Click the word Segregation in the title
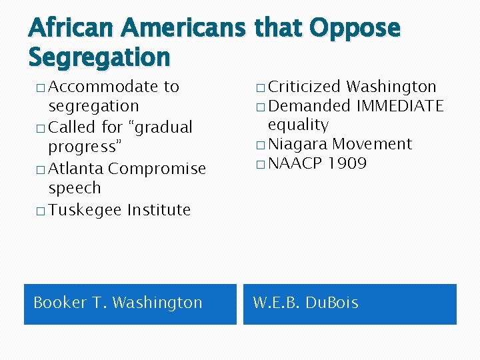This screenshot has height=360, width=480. pyautogui.click(x=99, y=57)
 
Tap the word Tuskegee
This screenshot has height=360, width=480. pyautogui.click(x=85, y=210)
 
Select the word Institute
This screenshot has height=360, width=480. pyautogui.click(x=159, y=210)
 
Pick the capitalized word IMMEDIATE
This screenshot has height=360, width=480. pyautogui.click(x=400, y=105)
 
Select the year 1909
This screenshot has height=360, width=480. pyautogui.click(x=347, y=163)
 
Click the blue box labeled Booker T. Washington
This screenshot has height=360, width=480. pyautogui.click(x=130, y=304)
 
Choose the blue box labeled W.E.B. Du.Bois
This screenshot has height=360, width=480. pyautogui.click(x=349, y=304)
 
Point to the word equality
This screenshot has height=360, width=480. pyautogui.click(x=298, y=125)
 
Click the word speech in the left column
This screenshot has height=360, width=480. pyautogui.click(x=75, y=188)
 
